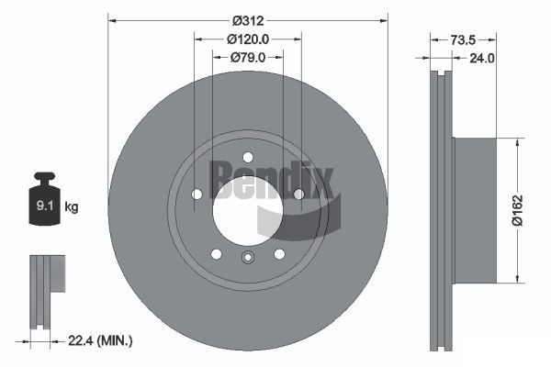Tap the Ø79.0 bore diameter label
point(248,57)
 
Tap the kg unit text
point(71,207)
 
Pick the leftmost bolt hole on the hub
point(197,194)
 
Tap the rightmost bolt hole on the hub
point(298,194)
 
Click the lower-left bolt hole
point(216,254)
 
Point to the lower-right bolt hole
point(279,254)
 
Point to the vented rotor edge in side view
point(442,211)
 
